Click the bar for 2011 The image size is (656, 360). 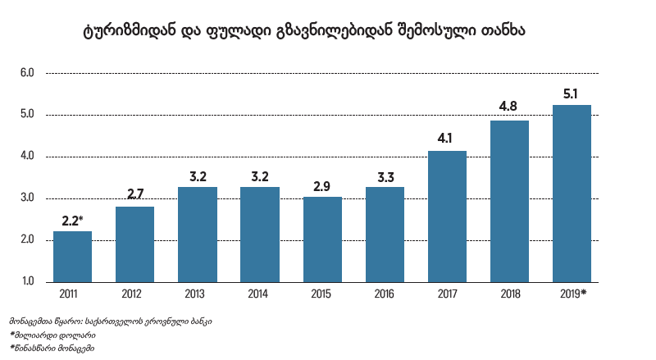coord(72,257)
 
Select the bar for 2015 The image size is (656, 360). coord(322,239)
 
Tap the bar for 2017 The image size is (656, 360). coord(447,216)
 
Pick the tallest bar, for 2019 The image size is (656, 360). coord(572,194)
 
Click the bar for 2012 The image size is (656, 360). coord(134,244)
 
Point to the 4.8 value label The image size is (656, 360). coord(508,107)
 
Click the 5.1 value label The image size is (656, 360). coord(572,93)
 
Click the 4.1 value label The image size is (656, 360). coord(447,137)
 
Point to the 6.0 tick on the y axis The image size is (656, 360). coord(27,73)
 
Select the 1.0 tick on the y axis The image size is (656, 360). coord(27,282)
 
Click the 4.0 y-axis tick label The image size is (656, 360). coord(27,157)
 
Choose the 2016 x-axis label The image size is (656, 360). coord(385,293)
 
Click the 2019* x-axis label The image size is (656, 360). coord(573,293)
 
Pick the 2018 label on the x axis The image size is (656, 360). coord(509,293)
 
